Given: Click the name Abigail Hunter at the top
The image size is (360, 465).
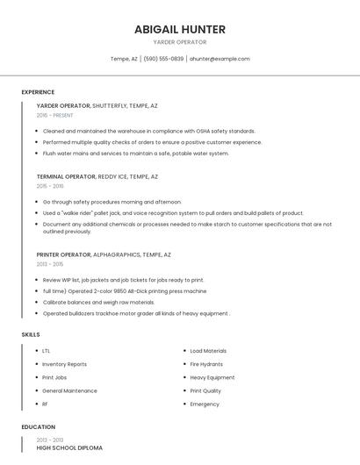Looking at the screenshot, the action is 179,29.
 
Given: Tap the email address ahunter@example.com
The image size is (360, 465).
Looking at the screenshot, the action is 220,59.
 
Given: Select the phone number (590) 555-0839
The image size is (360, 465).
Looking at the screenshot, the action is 163,59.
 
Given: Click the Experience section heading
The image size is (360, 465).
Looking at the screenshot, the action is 38,92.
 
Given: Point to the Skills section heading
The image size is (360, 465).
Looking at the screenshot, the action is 31,334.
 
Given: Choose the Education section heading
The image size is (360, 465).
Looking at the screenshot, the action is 38,427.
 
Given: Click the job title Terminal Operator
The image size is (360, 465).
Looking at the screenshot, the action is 66,176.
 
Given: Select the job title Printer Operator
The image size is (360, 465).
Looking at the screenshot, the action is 63,254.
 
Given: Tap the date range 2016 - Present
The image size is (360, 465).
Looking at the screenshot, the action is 54,115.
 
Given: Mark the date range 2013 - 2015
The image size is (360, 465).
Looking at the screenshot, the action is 49,264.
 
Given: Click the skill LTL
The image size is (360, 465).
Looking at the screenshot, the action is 47,351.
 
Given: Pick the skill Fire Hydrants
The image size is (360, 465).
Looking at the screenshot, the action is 206,364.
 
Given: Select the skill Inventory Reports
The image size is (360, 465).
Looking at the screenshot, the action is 64,364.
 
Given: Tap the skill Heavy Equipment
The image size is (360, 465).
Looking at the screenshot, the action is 212,377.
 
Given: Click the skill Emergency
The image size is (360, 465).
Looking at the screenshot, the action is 205,404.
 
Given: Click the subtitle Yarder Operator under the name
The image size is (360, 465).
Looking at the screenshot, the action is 179,42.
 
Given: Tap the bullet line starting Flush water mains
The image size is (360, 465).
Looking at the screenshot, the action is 135,153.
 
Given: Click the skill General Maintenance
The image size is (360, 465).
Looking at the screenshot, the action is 69,390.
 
